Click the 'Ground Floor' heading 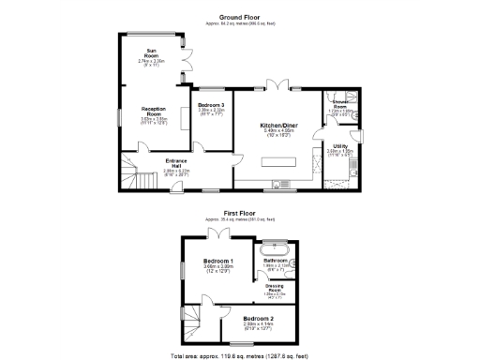pos(240,17)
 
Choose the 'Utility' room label pos(340,146)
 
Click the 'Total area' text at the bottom pos(240,355)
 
